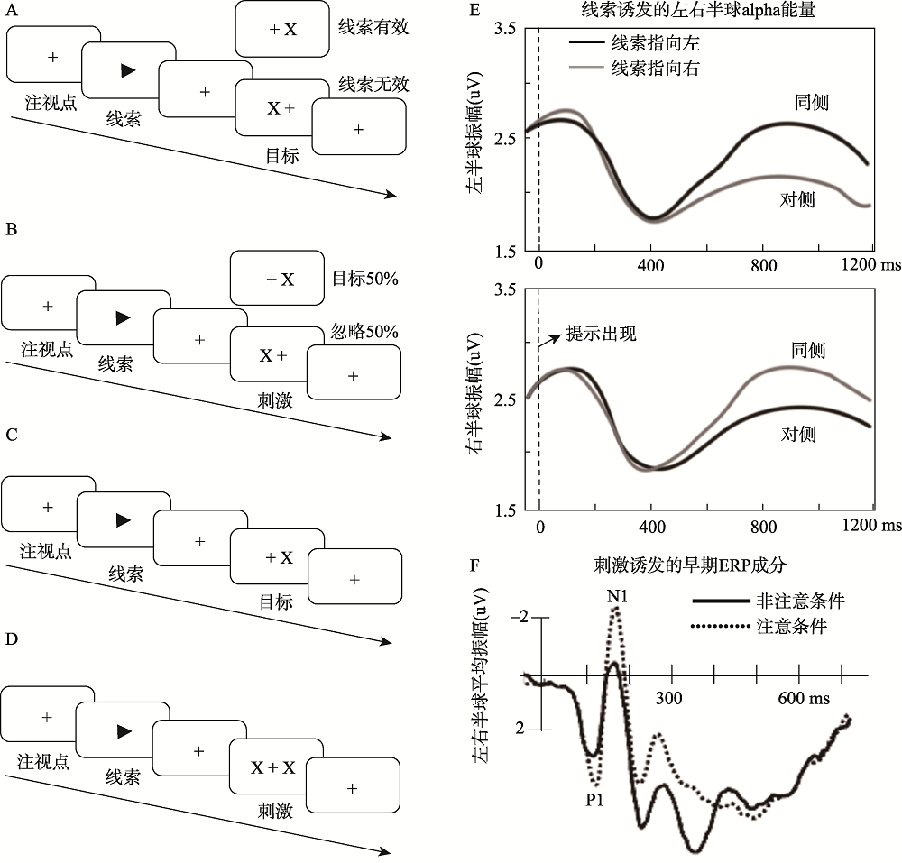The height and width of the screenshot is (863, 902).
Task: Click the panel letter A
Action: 12,12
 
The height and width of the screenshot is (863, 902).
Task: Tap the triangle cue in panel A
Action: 129,71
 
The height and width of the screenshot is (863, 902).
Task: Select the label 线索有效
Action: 373,27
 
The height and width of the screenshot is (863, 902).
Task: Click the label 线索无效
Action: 373,85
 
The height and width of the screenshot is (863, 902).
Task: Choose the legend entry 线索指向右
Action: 647,67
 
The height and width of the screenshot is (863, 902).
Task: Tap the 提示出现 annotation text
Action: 601,334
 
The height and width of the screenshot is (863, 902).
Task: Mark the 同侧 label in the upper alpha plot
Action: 812,102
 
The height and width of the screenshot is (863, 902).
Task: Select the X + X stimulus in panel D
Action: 272,767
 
